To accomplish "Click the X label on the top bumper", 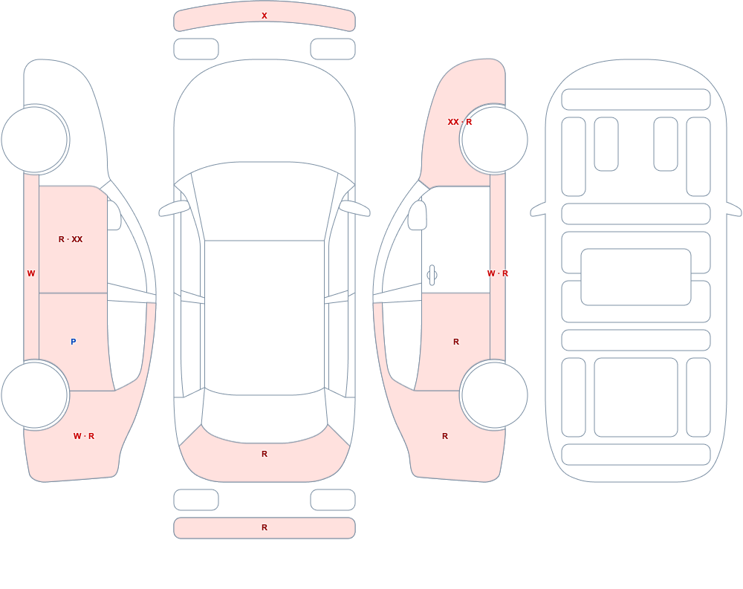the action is point(265,16).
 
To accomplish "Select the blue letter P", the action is point(73,342).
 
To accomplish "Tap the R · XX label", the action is point(71,239).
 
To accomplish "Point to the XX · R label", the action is point(460,122).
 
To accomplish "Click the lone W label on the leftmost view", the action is point(31,273).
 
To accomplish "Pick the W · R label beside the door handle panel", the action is point(498,273).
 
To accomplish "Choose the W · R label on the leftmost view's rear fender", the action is point(84,436).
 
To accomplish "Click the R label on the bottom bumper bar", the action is point(265,527).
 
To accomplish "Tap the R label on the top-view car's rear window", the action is point(265,454).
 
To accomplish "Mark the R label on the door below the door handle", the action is point(456,342).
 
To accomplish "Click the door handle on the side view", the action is point(432,276).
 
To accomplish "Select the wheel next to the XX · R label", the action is point(494,140).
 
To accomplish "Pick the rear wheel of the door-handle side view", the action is point(494,394).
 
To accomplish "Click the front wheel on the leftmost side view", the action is point(35,140).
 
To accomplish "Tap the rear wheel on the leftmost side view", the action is point(35,394).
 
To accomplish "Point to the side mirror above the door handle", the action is point(417,215).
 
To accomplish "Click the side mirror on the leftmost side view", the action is point(114,215).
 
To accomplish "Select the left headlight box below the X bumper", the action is point(196,49).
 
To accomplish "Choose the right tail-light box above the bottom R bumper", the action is point(333,500).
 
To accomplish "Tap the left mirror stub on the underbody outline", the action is point(538,210).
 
